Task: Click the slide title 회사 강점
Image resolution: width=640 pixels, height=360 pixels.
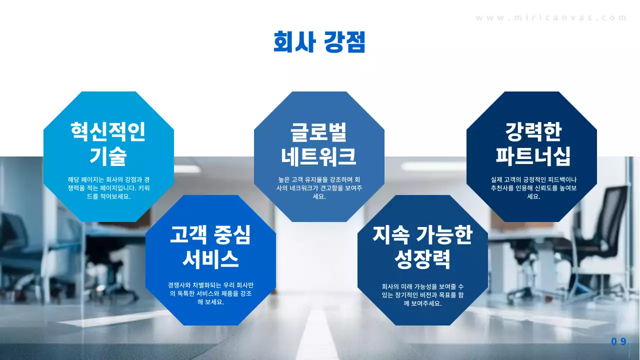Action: [319, 42]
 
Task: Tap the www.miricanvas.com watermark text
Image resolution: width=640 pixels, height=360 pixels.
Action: [551, 17]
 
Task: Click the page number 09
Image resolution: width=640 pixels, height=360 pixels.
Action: [618, 341]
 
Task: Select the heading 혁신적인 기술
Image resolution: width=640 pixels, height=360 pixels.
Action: [108, 144]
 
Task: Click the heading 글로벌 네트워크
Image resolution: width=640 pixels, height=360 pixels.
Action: [319, 144]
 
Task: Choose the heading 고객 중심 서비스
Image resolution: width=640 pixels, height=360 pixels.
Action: [210, 246]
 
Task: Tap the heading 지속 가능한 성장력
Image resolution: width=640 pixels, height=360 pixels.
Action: [422, 246]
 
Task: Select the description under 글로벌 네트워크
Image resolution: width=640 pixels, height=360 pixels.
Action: [319, 187]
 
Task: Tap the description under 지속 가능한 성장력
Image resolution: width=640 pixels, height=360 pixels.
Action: [422, 294]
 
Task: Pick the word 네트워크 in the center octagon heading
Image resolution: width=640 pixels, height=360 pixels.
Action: [319, 156]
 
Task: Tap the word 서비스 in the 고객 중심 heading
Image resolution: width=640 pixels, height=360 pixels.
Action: [210, 259]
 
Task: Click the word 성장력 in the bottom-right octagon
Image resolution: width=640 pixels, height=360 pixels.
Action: [422, 259]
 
